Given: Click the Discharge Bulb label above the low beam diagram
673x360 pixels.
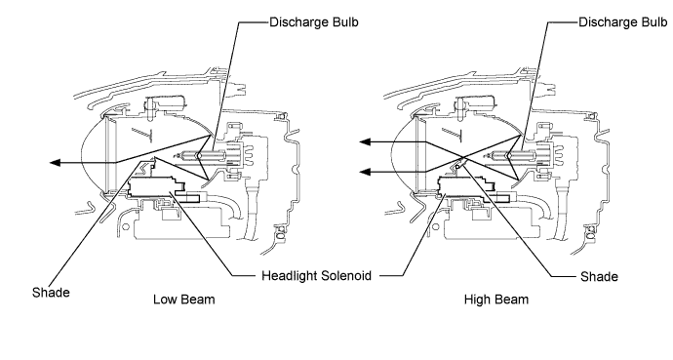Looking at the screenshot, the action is click(x=314, y=21).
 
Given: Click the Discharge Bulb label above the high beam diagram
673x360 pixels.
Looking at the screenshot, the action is click(x=623, y=21).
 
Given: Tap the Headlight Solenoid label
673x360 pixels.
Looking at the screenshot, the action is click(x=316, y=275).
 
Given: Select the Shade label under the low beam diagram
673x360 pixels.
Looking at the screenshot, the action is click(x=51, y=293).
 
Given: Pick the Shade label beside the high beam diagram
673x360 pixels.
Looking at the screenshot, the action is click(x=599, y=276).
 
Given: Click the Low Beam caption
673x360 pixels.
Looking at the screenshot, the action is click(x=184, y=300).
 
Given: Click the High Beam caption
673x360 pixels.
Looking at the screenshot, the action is click(x=496, y=300).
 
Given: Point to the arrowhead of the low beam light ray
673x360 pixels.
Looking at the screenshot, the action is click(x=55, y=163).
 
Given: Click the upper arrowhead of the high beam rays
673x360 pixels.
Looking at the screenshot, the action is click(x=365, y=142).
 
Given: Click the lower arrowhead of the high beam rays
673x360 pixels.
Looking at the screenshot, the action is click(x=365, y=172).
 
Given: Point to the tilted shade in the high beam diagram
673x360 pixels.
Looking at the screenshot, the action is click(x=460, y=164).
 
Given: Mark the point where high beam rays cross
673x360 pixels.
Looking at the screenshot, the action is click(x=462, y=156).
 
